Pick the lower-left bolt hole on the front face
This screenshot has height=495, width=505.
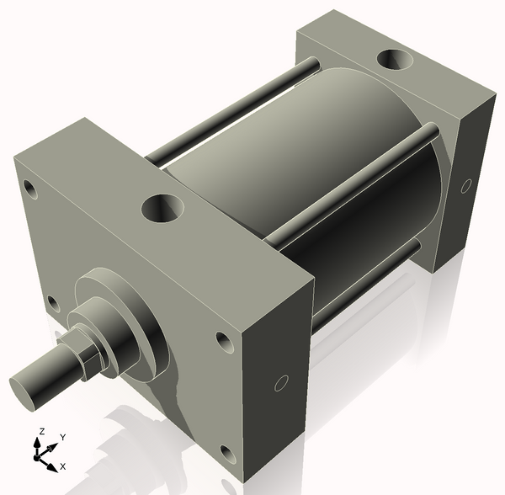tap(52, 302)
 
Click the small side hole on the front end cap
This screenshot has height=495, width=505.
tap(282, 384)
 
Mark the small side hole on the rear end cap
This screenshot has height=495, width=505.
tap(465, 185)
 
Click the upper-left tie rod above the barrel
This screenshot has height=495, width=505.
tap(236, 109)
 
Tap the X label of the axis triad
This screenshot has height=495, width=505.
tap(64, 466)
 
